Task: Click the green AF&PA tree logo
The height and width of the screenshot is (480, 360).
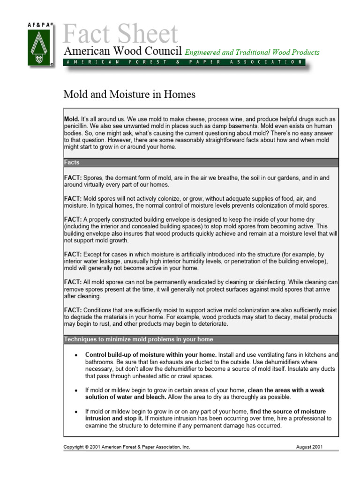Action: click(40, 45)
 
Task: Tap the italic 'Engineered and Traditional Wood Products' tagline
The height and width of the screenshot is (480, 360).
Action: click(252, 52)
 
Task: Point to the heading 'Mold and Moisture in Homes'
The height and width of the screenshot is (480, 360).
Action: click(129, 95)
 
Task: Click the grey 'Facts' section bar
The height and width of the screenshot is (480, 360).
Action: click(201, 162)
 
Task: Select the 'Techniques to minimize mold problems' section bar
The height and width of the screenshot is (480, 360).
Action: click(201, 339)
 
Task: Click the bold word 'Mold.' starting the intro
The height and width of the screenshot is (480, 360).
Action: click(72, 120)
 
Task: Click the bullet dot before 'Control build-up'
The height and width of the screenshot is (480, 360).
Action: click(76, 355)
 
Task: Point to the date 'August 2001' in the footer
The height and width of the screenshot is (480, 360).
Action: click(309, 447)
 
